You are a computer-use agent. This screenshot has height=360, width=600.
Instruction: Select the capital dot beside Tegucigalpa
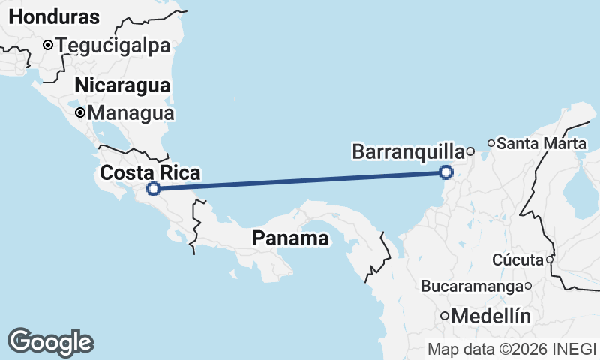(x=48, y=45)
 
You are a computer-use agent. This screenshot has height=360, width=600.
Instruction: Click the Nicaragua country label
(x=122, y=85)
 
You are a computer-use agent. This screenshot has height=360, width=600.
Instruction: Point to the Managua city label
(x=131, y=114)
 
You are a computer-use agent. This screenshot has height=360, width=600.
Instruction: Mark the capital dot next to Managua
(x=80, y=114)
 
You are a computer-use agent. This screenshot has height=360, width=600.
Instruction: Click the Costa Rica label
(x=150, y=173)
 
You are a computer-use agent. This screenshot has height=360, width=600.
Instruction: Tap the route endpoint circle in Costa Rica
(x=153, y=189)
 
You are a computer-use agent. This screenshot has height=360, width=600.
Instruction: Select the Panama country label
(x=290, y=238)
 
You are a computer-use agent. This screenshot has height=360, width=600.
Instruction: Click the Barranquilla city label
(x=407, y=152)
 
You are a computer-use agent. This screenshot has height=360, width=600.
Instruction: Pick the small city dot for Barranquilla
(x=470, y=151)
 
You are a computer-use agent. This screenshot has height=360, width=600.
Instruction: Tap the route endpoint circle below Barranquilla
(x=446, y=173)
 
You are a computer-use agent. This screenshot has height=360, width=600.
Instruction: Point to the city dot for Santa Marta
(x=491, y=142)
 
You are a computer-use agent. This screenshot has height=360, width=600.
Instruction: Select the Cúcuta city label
(x=517, y=260)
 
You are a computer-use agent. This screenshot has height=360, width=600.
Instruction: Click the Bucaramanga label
(x=472, y=286)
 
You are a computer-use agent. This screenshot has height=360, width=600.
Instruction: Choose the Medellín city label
(x=491, y=316)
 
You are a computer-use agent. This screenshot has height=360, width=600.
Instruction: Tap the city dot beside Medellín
(x=445, y=316)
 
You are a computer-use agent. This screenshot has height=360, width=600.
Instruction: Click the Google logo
(x=50, y=342)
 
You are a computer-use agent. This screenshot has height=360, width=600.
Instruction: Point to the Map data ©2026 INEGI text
(x=512, y=349)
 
